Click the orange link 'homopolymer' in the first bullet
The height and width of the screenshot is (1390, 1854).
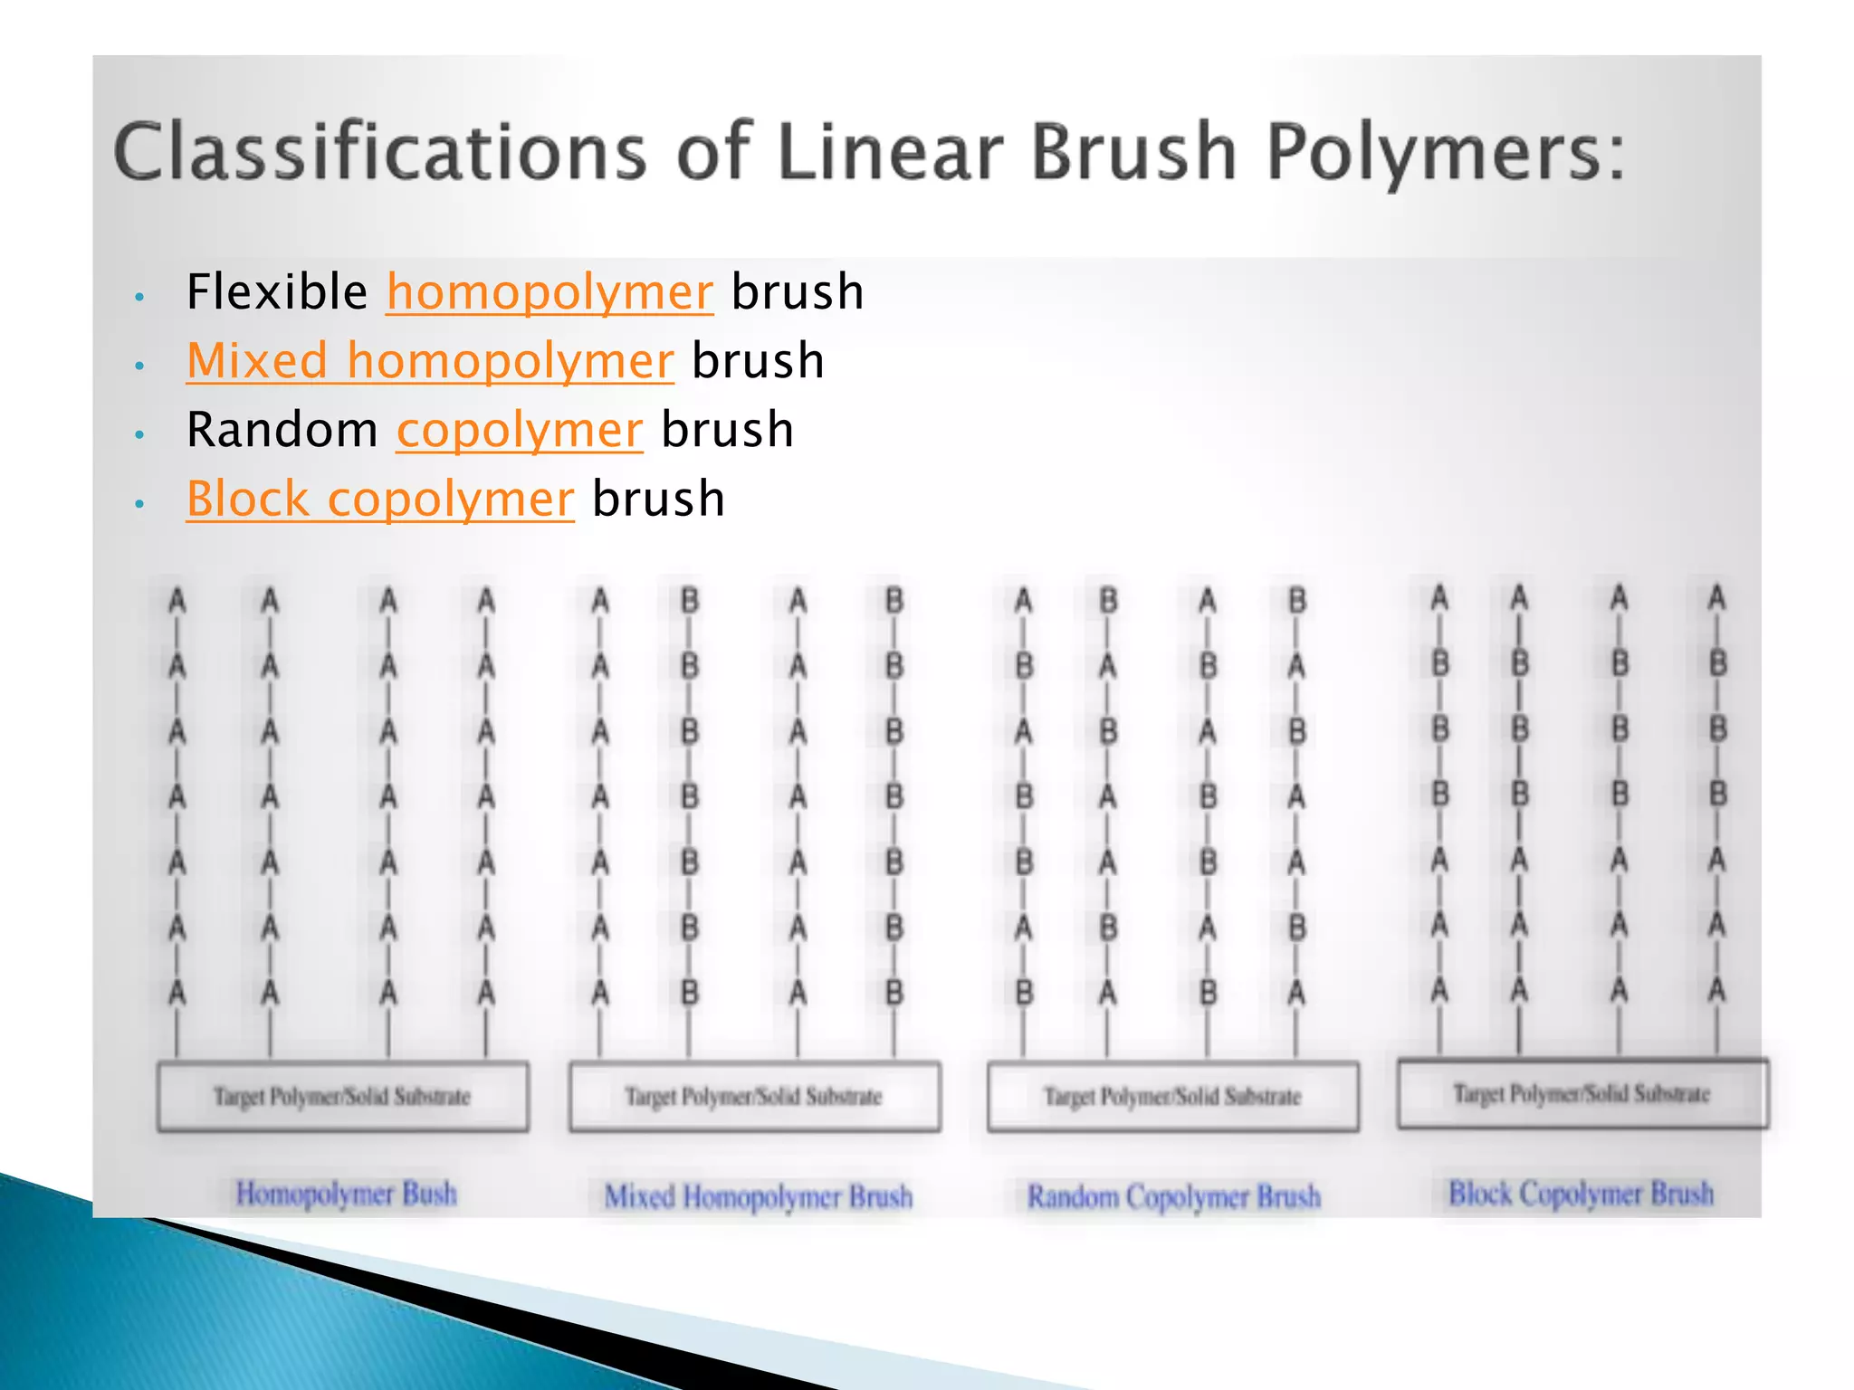(550, 292)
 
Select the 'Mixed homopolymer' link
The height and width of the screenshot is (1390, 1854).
(430, 361)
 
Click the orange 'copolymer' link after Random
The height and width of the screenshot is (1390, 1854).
(520, 430)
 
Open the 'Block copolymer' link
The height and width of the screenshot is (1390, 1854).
(380, 500)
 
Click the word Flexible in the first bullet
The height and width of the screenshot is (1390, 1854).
(277, 292)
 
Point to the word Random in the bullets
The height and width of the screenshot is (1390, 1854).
(282, 430)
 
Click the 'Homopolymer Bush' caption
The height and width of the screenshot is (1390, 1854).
(346, 1194)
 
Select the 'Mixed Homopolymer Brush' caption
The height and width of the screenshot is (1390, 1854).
(759, 1196)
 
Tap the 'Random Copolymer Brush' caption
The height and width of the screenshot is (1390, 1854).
(1173, 1196)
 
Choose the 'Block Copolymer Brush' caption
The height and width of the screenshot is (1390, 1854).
(1582, 1194)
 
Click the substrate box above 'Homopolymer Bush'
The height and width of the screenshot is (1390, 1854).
(343, 1097)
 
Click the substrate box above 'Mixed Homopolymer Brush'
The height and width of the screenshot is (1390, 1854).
(754, 1097)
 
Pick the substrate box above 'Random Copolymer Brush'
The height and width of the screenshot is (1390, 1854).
(1173, 1097)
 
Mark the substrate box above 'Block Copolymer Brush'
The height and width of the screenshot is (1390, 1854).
(1582, 1094)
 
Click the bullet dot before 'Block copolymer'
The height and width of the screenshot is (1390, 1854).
(139, 503)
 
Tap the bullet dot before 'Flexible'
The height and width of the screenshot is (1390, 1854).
(139, 296)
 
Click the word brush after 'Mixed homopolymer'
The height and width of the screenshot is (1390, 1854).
(758, 361)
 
